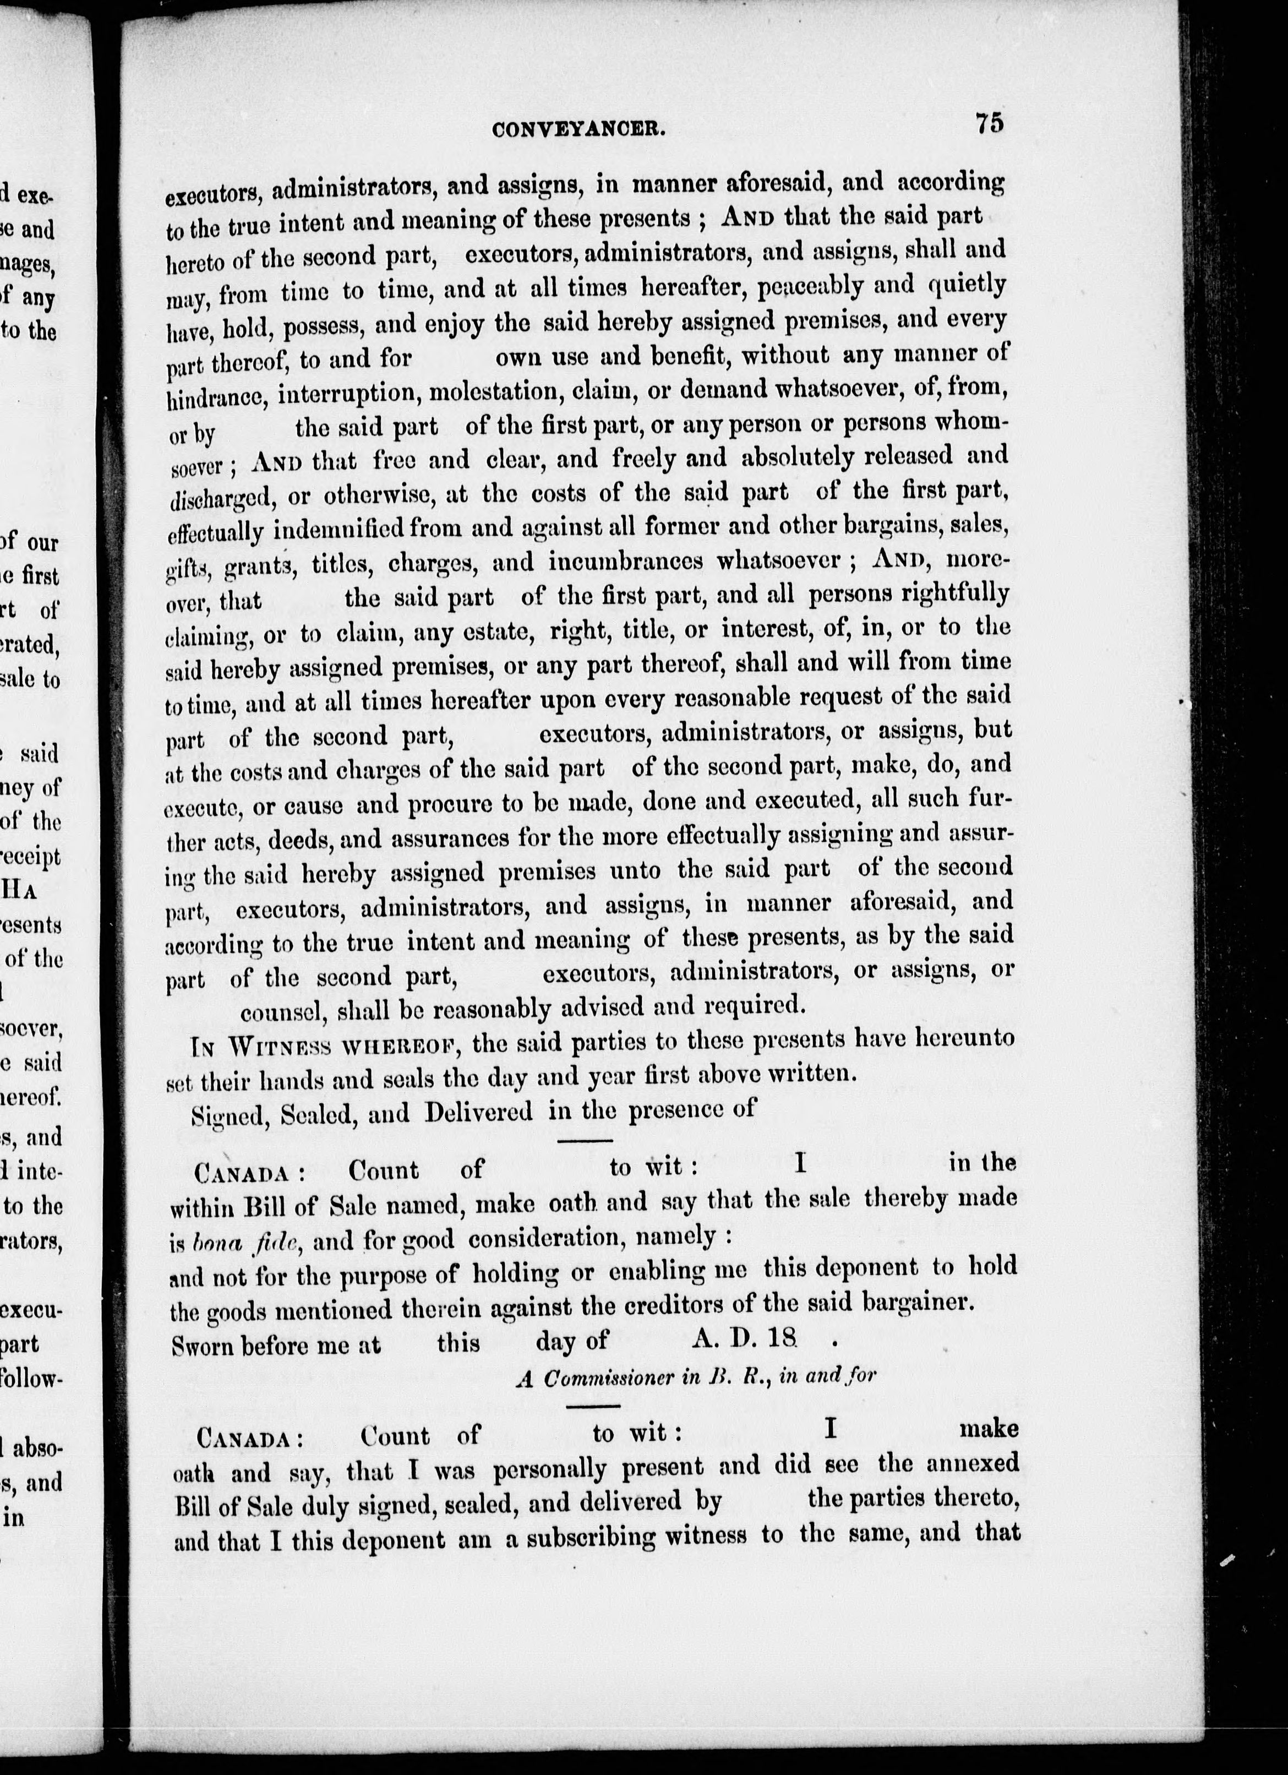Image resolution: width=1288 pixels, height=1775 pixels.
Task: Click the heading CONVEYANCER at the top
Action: click(x=580, y=130)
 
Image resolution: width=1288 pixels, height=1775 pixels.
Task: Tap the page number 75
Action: click(x=989, y=124)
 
